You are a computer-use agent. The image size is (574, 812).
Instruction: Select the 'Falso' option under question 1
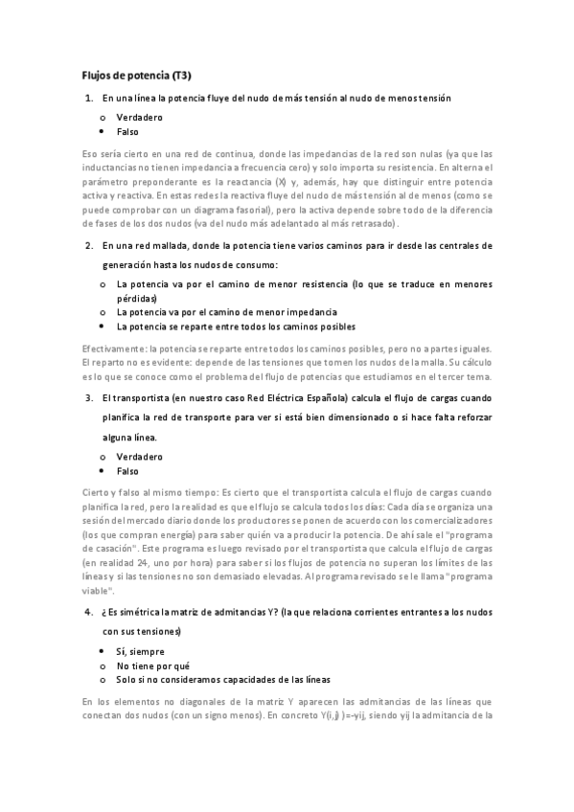coord(129,131)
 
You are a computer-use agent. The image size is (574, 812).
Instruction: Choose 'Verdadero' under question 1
coord(140,117)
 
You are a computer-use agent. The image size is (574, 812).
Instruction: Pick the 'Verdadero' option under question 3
coord(140,457)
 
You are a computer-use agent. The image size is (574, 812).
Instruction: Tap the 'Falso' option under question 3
coord(129,471)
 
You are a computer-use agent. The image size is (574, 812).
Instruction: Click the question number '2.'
coord(89,244)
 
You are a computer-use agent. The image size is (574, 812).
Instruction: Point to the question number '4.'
coord(89,611)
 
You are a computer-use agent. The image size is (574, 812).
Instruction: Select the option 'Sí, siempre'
coord(140,650)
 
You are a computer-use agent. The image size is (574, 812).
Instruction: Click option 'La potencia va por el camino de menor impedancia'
coord(226,312)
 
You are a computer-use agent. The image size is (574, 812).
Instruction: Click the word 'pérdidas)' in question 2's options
coord(136,299)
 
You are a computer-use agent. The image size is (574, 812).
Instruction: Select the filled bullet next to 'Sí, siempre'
coord(103,650)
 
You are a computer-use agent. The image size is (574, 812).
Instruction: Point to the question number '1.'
coord(89,99)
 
